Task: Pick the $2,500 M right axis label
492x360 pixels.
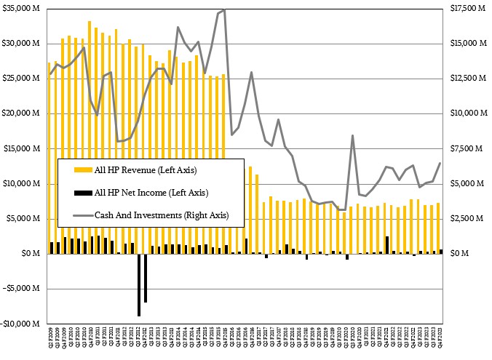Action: [x=467, y=219]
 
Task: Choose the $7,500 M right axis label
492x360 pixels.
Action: [x=467, y=148]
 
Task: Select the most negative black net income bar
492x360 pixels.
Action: [x=138, y=284]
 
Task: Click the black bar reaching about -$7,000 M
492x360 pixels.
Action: [x=145, y=277]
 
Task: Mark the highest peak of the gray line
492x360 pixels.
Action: [x=224, y=9]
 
